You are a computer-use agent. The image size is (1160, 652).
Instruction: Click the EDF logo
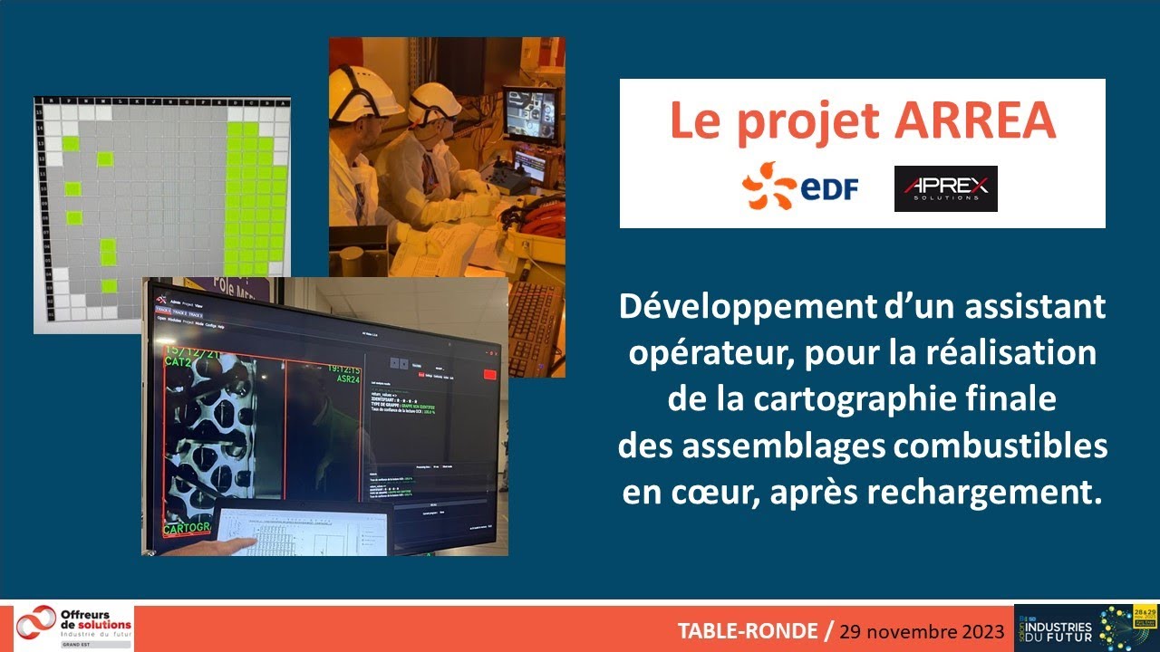(800, 187)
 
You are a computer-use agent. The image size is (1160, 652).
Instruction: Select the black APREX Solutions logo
(945, 188)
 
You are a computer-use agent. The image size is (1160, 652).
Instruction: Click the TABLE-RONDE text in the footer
(746, 630)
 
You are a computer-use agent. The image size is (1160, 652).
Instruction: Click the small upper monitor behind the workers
(530, 112)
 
